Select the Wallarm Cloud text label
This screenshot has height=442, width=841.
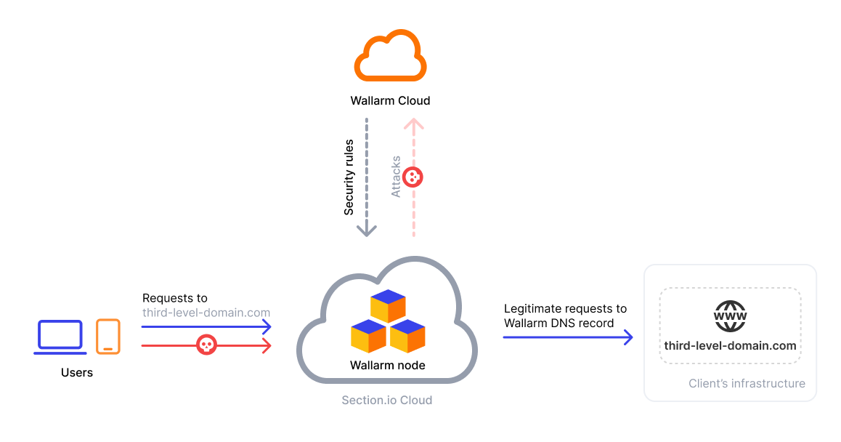coord(390,100)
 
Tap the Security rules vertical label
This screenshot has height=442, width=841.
coord(349,177)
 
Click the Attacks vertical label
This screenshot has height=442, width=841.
coord(396,177)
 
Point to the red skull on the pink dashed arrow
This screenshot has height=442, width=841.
coord(413,177)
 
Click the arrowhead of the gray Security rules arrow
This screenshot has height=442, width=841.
coord(367,230)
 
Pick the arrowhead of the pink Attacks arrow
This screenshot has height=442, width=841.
coord(414,124)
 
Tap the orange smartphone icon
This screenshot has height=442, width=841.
coord(108,336)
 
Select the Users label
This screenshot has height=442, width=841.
coord(77,372)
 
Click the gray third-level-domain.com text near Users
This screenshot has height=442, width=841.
coord(206,313)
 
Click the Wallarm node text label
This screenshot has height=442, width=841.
coord(387,365)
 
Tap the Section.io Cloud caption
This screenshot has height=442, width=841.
coord(387,400)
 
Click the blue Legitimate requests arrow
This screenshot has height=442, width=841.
coord(566,337)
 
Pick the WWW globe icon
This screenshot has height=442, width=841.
coord(730,317)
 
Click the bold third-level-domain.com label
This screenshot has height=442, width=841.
coord(730,345)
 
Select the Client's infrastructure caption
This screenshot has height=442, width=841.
coord(747,383)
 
